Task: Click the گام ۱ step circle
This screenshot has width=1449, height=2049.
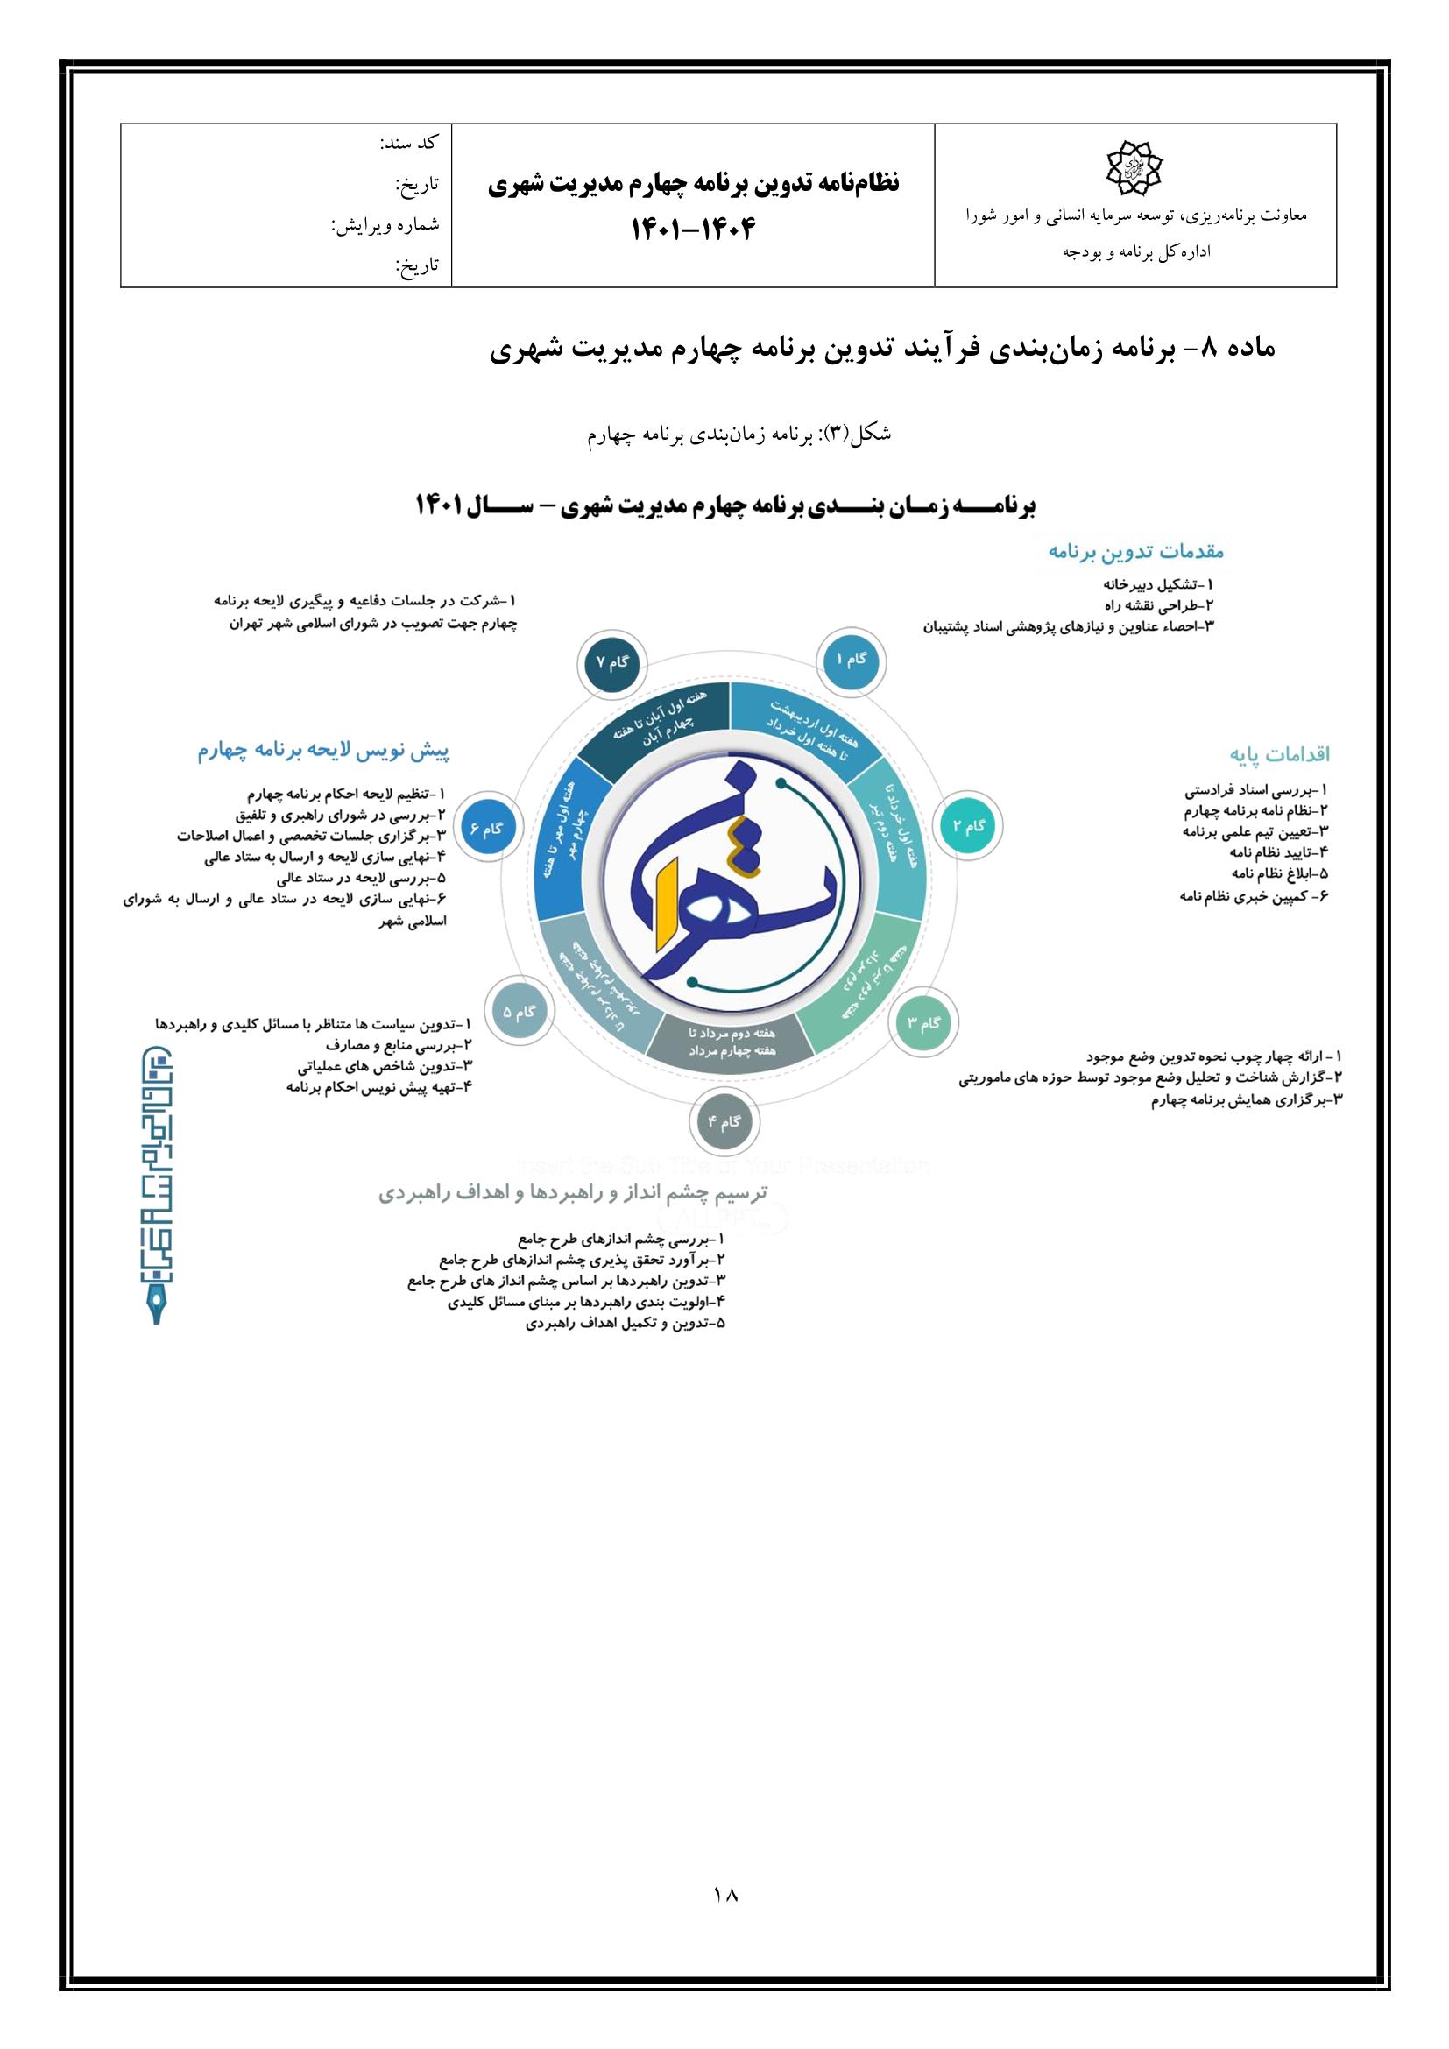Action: tap(850, 659)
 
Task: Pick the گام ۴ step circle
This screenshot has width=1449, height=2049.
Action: tap(724, 1122)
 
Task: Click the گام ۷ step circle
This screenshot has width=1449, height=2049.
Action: tap(612, 663)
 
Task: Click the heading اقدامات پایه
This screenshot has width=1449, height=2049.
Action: tap(1279, 754)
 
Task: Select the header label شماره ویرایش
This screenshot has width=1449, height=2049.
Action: tap(385, 225)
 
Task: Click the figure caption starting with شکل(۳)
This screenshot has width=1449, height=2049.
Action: tap(739, 434)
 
